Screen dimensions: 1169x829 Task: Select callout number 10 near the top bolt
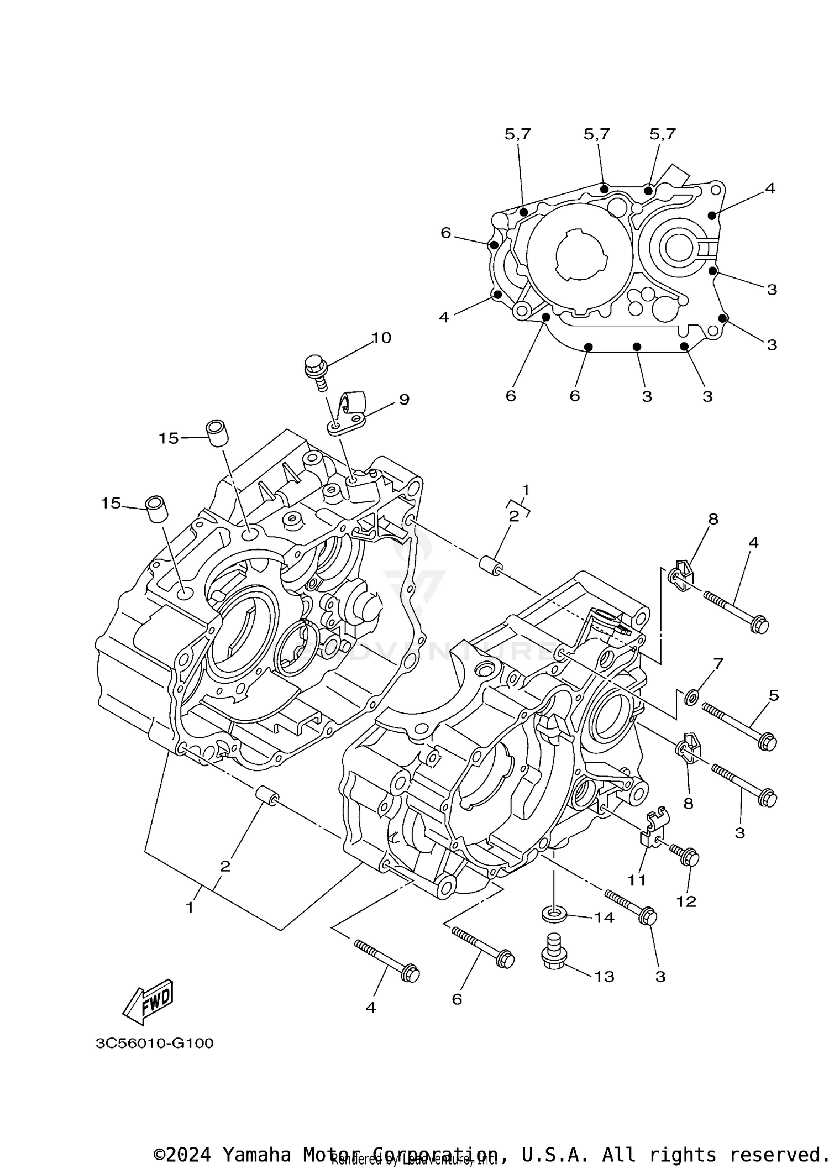(x=381, y=338)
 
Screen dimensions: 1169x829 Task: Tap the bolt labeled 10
(x=317, y=370)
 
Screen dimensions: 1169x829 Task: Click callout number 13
(x=604, y=977)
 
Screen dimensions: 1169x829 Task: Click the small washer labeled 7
(x=691, y=698)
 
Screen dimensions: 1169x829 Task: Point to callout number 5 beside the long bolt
(x=773, y=695)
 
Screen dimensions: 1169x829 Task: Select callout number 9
(x=404, y=399)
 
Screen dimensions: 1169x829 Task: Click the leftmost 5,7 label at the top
(x=518, y=134)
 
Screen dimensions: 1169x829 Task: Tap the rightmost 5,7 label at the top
(x=662, y=134)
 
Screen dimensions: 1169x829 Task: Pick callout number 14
(x=604, y=918)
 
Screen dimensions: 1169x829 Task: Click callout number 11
(x=637, y=879)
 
